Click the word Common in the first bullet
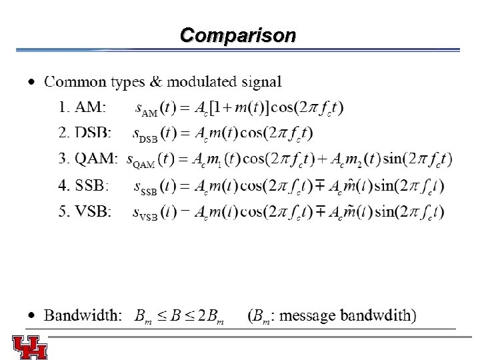coord(75,82)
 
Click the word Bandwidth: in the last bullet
coord(83,315)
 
